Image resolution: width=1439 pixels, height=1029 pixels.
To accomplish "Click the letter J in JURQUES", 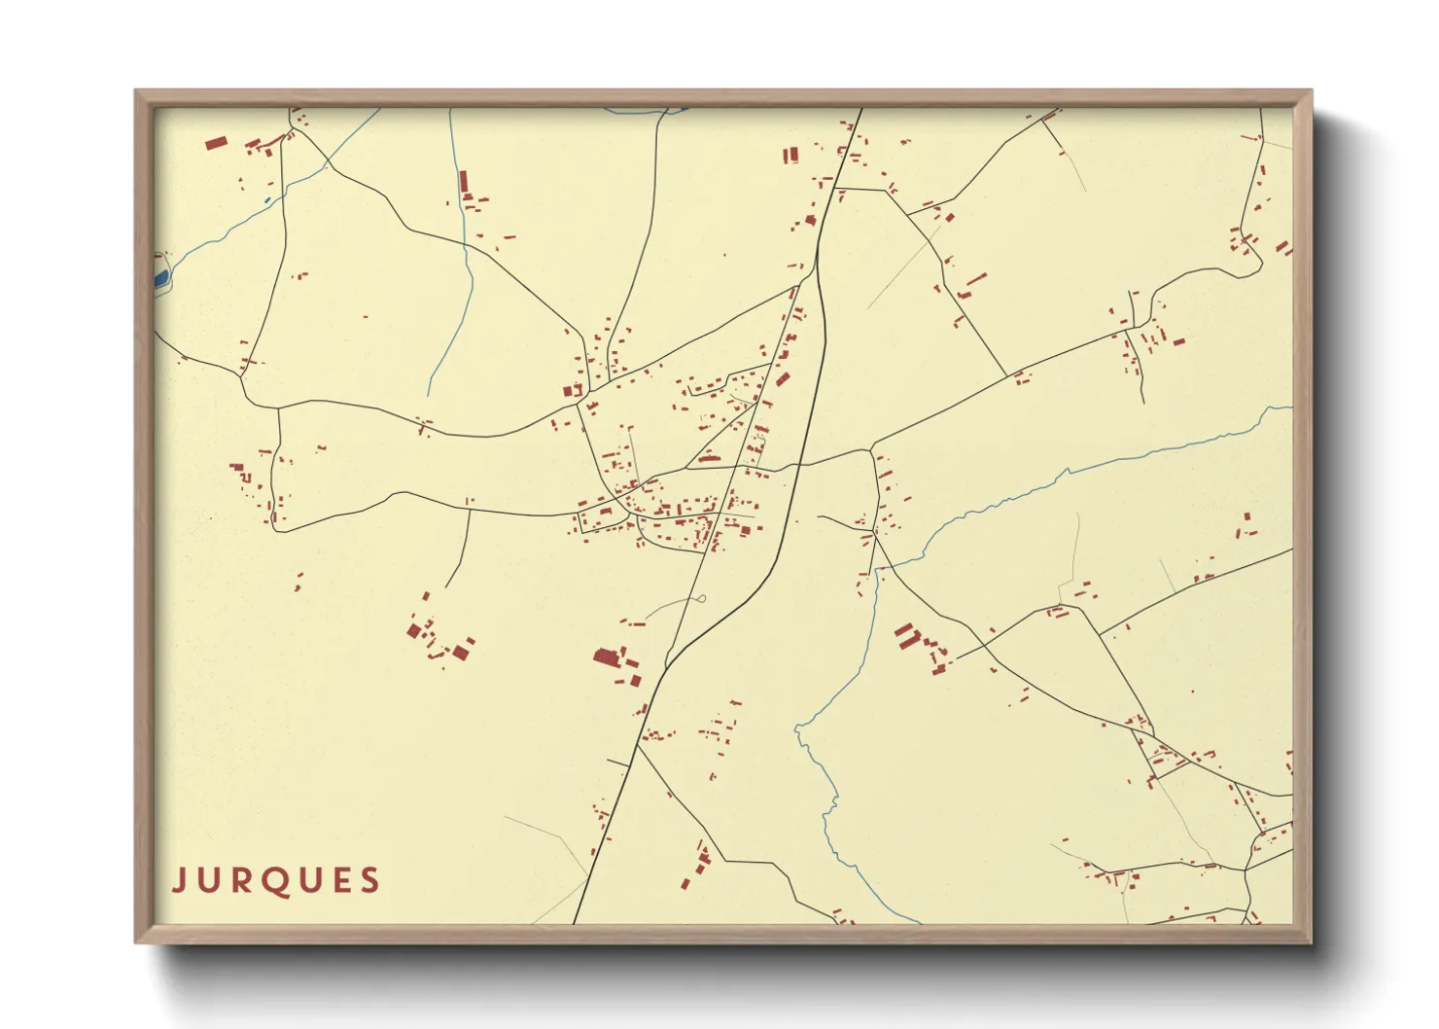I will pyautogui.click(x=179, y=880).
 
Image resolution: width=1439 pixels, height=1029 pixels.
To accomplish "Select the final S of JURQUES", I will pyautogui.click(x=369, y=880).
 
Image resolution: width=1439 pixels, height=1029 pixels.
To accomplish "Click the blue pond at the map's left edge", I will pyautogui.click(x=161, y=278).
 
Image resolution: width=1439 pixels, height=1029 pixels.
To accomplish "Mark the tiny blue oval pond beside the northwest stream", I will pyautogui.click(x=267, y=201).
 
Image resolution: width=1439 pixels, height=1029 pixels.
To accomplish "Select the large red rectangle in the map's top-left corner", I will pyautogui.click(x=216, y=143).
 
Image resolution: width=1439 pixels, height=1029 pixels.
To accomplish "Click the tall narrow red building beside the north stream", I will pyautogui.click(x=464, y=182).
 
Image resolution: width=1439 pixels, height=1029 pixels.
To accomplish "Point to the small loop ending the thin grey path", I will pyautogui.click(x=700, y=599).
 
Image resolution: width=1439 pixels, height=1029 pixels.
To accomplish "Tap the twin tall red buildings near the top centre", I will pyautogui.click(x=790, y=155).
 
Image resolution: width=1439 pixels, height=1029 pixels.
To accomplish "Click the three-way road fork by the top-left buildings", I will pyautogui.click(x=291, y=128).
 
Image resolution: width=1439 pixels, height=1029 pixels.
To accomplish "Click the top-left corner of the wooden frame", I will pyautogui.click(x=136, y=91).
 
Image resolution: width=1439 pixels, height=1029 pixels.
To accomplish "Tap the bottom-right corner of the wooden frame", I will pyautogui.click(x=1311, y=941).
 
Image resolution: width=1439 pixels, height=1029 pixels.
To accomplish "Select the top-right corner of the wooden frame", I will pyautogui.click(x=1311, y=91).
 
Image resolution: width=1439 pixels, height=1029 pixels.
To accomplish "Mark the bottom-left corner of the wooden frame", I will pyautogui.click(x=136, y=941).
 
